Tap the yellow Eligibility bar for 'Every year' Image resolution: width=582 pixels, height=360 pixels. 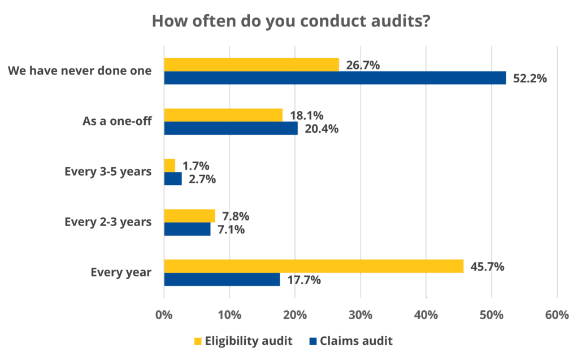click(314, 266)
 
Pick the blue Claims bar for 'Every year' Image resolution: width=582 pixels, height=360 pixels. click(222, 280)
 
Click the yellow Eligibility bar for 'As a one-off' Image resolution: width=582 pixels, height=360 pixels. click(223, 115)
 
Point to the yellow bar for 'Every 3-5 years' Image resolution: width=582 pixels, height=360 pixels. click(170, 165)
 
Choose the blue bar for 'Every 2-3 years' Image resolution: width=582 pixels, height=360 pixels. click(187, 229)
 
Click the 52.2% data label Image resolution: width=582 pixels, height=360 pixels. click(529, 79)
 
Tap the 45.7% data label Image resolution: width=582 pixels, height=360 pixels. click(487, 266)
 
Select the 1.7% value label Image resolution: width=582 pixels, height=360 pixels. click(196, 166)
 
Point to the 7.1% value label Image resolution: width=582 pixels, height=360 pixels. click(231, 229)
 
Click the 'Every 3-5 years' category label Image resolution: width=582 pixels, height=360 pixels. click(108, 172)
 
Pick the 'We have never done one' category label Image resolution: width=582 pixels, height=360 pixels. click(80, 71)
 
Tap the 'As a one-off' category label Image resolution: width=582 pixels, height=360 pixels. click(117, 121)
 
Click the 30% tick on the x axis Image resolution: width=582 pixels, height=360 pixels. click(361, 315)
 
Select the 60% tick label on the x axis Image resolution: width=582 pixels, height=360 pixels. click(557, 315)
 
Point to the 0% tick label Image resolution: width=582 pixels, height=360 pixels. click(164, 315)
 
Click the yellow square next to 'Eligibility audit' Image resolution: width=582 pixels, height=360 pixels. click(197, 341)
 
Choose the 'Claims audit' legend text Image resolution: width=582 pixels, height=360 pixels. click(355, 341)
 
